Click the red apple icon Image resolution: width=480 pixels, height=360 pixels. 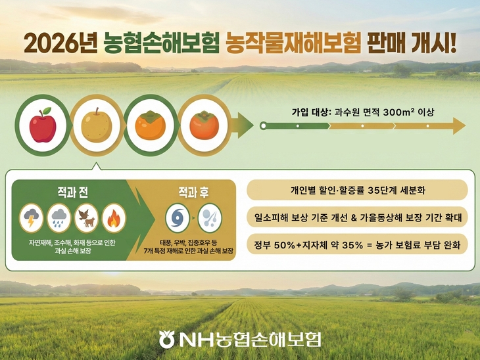click(43, 124)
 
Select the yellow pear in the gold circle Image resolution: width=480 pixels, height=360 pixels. click(96, 124)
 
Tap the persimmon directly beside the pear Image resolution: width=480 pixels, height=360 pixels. click(151, 124)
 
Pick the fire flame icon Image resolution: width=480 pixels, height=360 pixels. click(114, 217)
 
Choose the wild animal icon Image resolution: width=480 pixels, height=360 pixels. click(86, 217)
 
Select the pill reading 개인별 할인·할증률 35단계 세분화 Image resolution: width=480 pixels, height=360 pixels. click(358, 190)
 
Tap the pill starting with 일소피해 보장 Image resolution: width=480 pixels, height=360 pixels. click(358, 217)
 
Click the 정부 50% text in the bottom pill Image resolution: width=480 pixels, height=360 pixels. click(276, 245)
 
